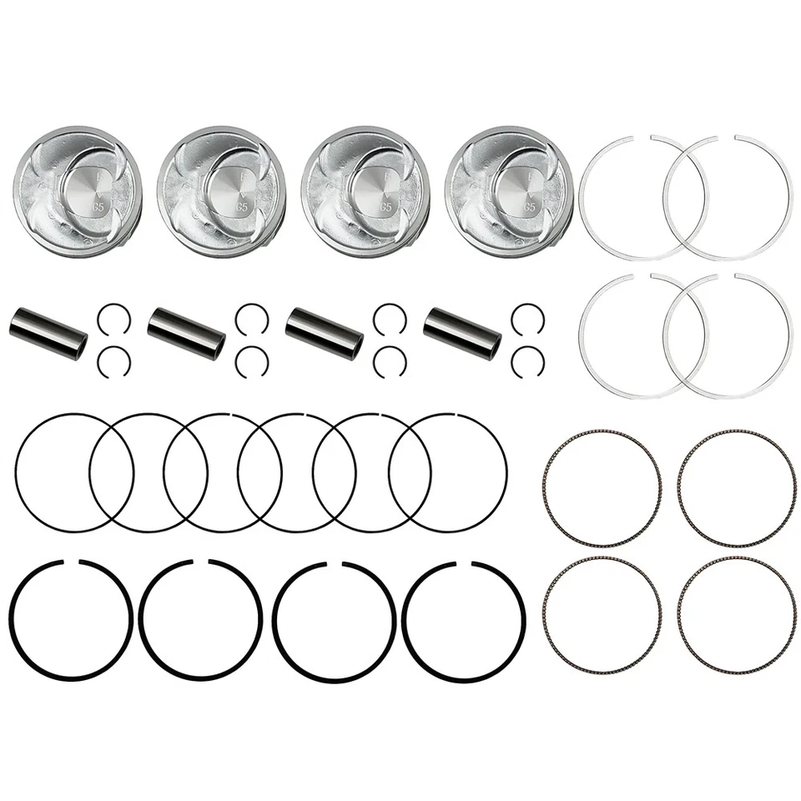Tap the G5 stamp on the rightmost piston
[x=529, y=203]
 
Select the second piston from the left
[x=221, y=191]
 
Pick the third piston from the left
[x=365, y=191]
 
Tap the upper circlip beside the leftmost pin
[x=113, y=317]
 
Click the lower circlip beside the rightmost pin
[x=527, y=361]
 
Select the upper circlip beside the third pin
[x=390, y=317]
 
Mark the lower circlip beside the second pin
[x=251, y=361]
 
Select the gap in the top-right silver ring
[x=728, y=138]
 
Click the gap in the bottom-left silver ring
[x=642, y=275]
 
